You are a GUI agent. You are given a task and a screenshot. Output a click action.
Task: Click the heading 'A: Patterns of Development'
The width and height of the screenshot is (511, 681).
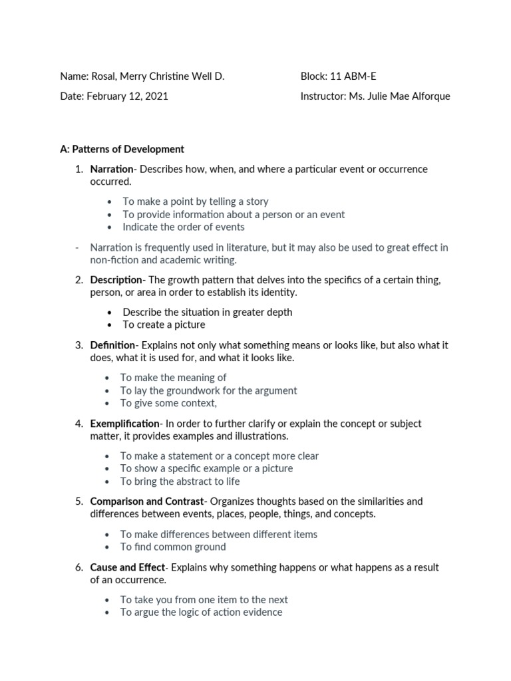pyautogui.click(x=122, y=149)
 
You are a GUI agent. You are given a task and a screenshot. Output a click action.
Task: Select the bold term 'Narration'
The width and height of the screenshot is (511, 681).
pyautogui.click(x=111, y=169)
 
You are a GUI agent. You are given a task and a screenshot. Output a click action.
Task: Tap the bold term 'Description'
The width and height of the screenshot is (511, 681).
pyautogui.click(x=116, y=279)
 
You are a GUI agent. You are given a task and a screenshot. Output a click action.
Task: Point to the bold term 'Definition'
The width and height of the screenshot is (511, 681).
pyautogui.click(x=112, y=345)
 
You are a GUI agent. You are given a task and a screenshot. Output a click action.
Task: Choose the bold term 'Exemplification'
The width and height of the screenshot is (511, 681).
pyautogui.click(x=125, y=424)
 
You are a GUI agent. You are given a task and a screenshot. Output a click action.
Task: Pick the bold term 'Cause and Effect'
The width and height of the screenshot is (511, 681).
pyautogui.click(x=127, y=567)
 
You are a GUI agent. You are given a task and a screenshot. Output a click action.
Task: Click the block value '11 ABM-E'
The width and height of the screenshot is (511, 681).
pyautogui.click(x=353, y=76)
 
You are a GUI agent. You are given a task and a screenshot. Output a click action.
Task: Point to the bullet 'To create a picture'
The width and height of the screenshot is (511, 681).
pyautogui.click(x=164, y=325)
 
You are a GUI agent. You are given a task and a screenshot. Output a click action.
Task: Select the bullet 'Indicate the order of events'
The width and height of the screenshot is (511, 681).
pyautogui.click(x=183, y=227)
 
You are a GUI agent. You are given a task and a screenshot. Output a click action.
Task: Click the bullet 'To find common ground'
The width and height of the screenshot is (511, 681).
pyautogui.click(x=173, y=547)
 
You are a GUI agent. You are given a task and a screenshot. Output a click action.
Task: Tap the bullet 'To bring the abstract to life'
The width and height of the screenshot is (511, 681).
pyautogui.click(x=180, y=481)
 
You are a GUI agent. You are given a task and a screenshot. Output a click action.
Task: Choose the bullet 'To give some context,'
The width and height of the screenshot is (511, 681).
pyautogui.click(x=168, y=403)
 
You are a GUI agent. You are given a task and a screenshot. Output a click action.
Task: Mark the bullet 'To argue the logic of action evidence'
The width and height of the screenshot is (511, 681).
pyautogui.click(x=201, y=612)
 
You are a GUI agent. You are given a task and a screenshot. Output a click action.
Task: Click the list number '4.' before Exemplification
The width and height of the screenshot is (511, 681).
pyautogui.click(x=79, y=424)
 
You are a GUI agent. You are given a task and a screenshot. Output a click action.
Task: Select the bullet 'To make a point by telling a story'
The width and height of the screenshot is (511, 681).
pyautogui.click(x=195, y=201)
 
